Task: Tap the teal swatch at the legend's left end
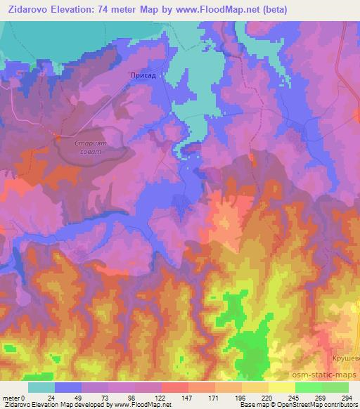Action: pyautogui.click(x=41, y=387)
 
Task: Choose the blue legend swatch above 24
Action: pyautogui.click(x=68, y=387)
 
